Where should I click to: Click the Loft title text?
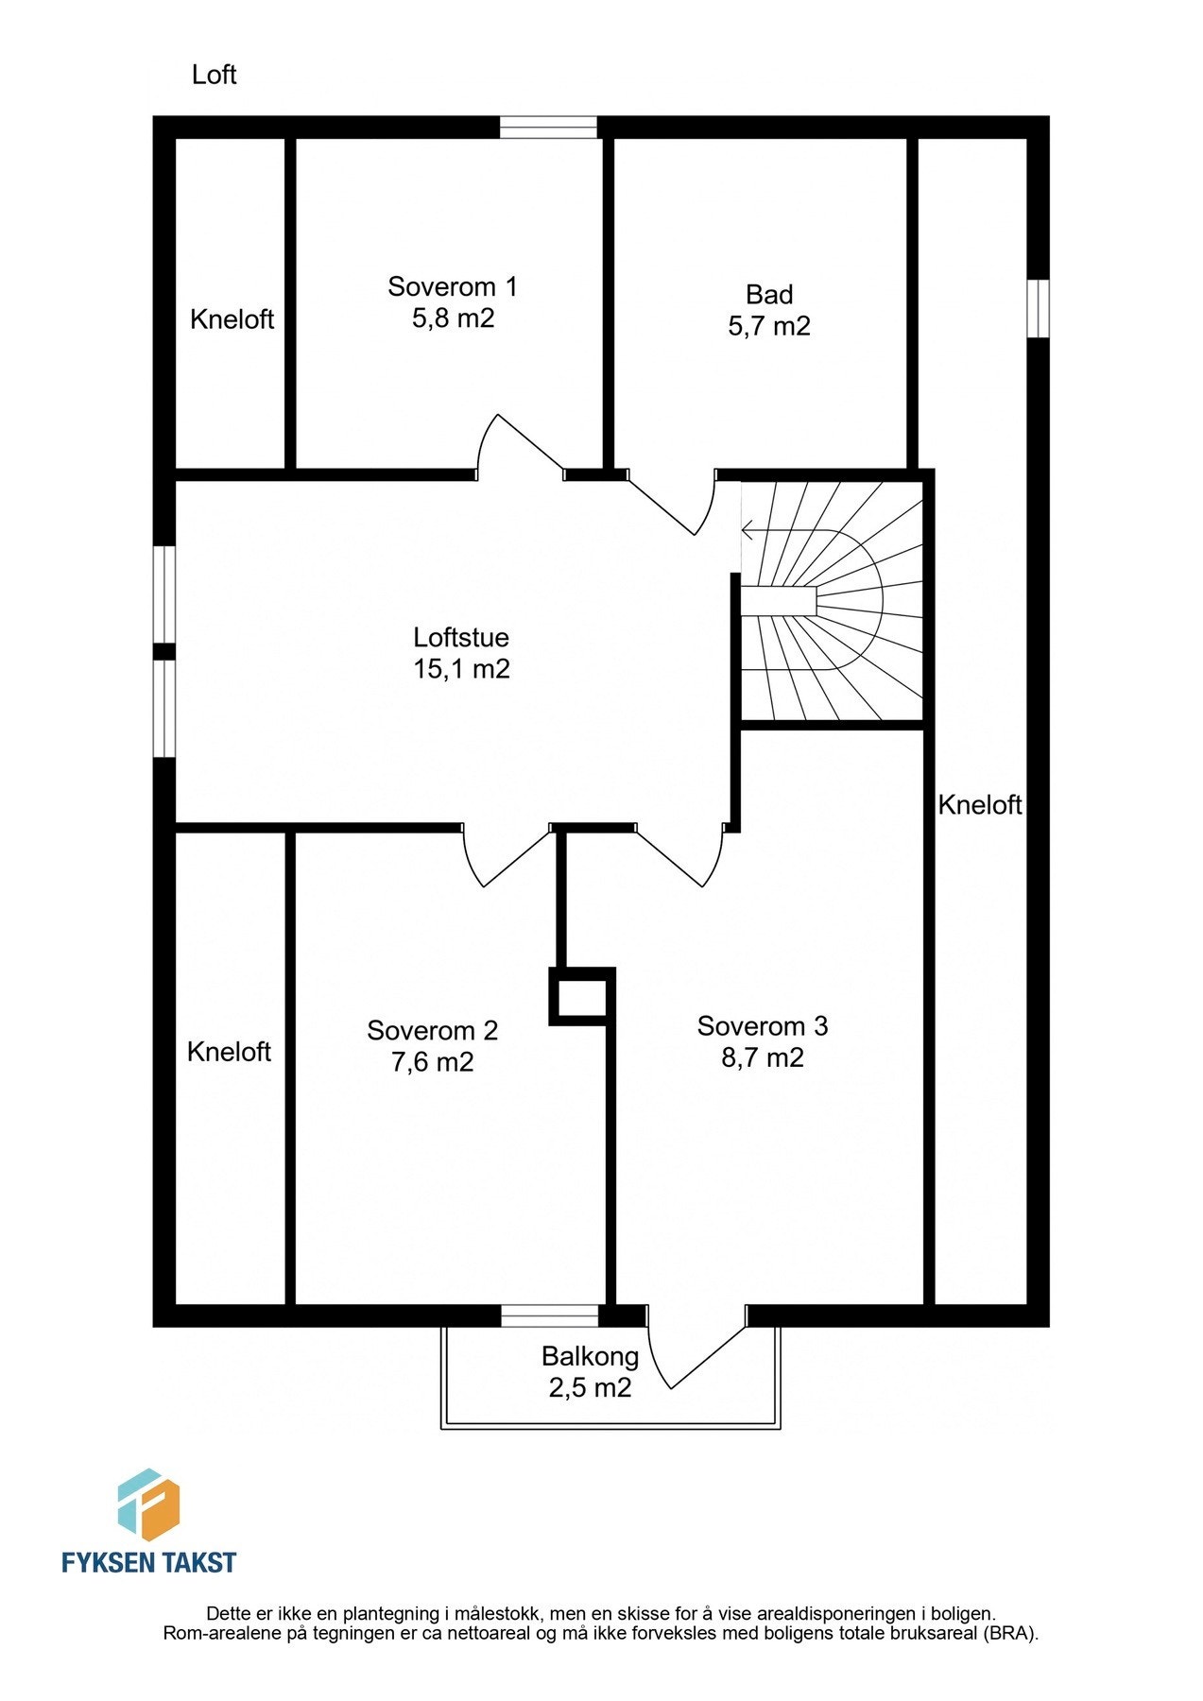pyautogui.click(x=214, y=75)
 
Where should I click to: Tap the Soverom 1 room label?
pyautogui.click(x=452, y=286)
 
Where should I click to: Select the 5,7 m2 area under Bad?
pyautogui.click(x=768, y=326)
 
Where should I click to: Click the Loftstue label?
pyautogui.click(x=460, y=637)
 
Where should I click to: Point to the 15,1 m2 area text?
pyautogui.click(x=460, y=669)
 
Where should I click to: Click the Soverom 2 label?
pyautogui.click(x=432, y=1030)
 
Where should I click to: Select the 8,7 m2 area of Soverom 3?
pyautogui.click(x=762, y=1057)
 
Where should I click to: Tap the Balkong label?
pyautogui.click(x=590, y=1357)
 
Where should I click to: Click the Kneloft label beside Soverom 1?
pyautogui.click(x=232, y=319)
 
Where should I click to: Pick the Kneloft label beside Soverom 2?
pyautogui.click(x=229, y=1052)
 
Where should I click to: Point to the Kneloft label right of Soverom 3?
pyautogui.click(x=980, y=805)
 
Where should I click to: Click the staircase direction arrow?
pyautogui.click(x=748, y=530)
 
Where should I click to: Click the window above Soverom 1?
pyautogui.click(x=548, y=128)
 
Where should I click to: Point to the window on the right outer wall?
pyautogui.click(x=1038, y=308)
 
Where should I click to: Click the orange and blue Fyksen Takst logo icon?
pyautogui.click(x=148, y=1504)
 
